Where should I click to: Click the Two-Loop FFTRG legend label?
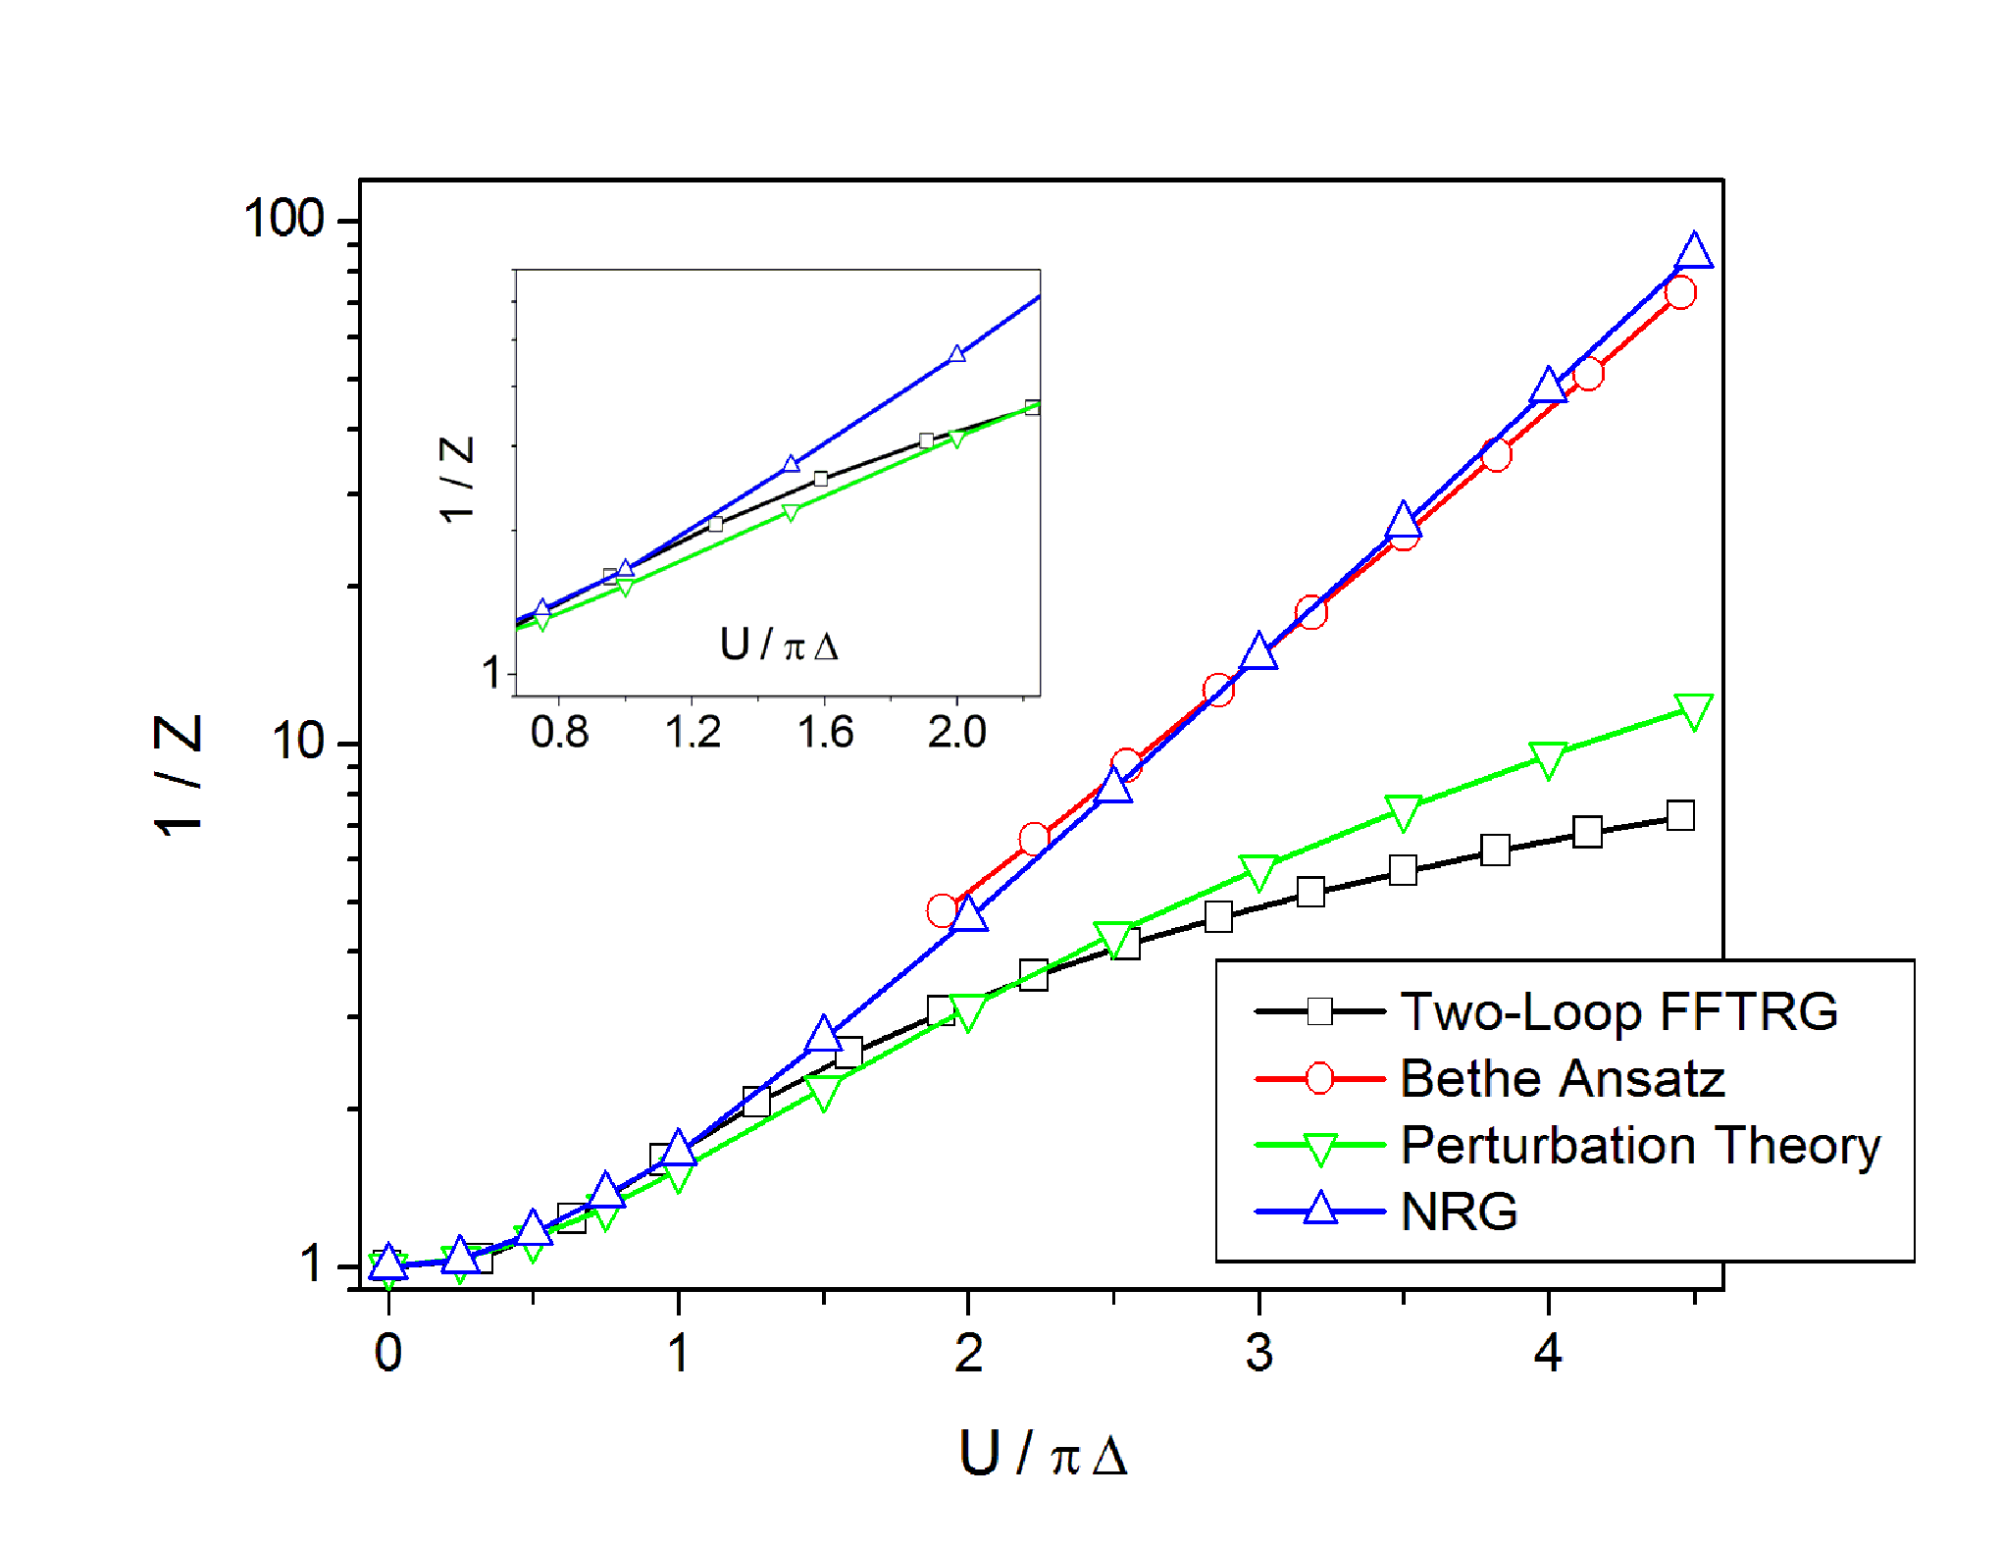coord(1618,1011)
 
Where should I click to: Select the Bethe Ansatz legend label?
coord(1563,1078)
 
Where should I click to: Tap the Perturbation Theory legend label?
coord(1641,1146)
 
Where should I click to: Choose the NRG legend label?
coord(1460,1212)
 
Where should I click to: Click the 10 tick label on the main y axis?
coord(297,741)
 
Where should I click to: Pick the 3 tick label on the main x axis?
coord(1258,1354)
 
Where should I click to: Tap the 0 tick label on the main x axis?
coord(388,1354)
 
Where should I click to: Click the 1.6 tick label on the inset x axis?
coord(825,732)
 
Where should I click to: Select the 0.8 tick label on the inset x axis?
coord(559,732)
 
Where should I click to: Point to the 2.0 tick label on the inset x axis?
coord(957,732)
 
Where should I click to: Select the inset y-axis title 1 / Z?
coord(456,480)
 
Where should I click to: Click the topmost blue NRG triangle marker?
coord(1694,251)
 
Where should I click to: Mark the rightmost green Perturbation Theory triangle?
coord(1694,711)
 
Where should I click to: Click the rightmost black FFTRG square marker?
coord(1680,815)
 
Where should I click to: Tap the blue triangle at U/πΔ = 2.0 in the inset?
coord(957,354)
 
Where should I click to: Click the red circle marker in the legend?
coord(1320,1078)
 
